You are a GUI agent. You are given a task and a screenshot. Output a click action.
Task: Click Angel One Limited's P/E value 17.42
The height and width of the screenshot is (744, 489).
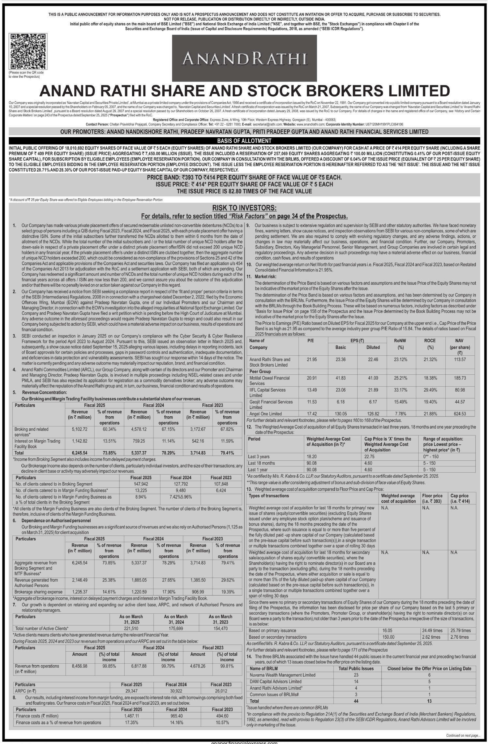coord(312,414)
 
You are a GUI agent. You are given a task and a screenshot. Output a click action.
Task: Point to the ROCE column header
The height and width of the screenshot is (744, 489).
coord(430,340)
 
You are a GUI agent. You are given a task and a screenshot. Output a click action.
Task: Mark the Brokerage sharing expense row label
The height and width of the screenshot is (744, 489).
coord(38,592)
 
